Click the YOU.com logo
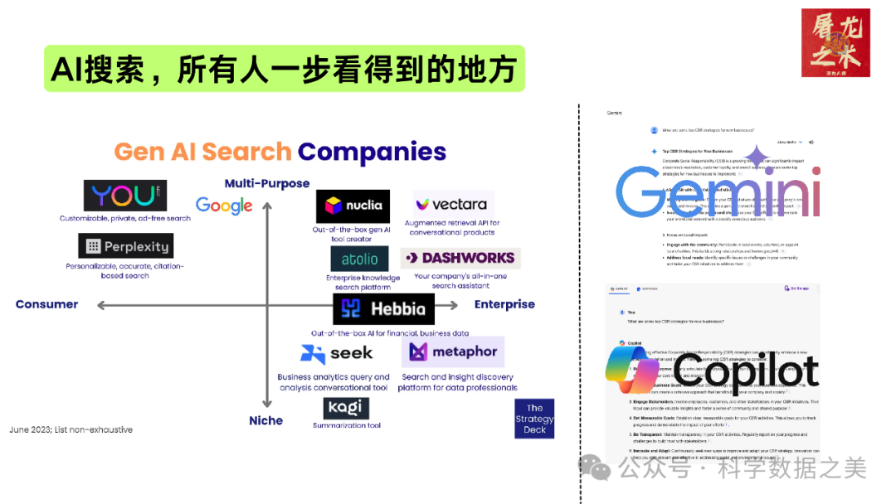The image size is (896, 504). click(x=124, y=196)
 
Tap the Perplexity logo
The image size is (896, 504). click(x=125, y=246)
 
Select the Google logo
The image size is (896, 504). click(x=224, y=205)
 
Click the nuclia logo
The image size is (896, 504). click(x=353, y=206)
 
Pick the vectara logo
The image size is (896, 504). click(x=452, y=204)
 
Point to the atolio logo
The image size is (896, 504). click(x=359, y=259)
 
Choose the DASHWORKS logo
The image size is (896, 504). click(x=460, y=258)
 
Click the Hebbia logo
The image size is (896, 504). click(x=383, y=309)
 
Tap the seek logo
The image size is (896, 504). click(x=337, y=354)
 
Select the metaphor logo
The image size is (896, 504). click(x=453, y=352)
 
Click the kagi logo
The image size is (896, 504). click(x=346, y=409)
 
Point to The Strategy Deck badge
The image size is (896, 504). click(x=534, y=419)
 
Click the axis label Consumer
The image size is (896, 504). click(x=46, y=304)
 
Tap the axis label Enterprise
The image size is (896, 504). click(x=504, y=304)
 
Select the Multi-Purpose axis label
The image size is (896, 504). click(x=267, y=183)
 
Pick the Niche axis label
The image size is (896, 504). click(x=265, y=420)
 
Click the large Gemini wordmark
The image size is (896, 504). click(x=718, y=192)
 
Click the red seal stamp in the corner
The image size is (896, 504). click(x=835, y=42)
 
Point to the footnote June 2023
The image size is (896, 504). click(x=71, y=429)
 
